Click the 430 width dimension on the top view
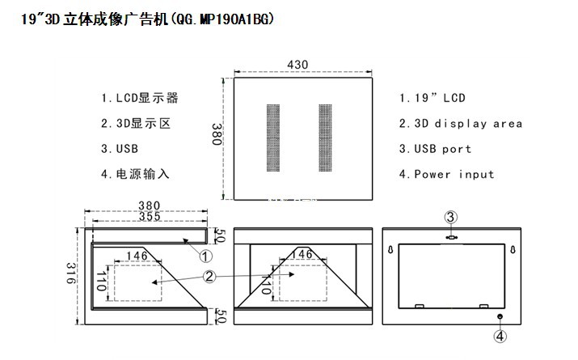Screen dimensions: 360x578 302,64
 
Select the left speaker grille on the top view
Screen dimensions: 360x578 274,137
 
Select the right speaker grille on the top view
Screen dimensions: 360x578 325,137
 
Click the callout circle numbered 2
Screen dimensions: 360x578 209,276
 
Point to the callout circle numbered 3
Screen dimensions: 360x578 452,217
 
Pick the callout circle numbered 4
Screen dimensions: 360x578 500,336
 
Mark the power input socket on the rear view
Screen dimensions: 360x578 500,316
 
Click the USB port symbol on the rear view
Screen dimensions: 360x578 452,237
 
